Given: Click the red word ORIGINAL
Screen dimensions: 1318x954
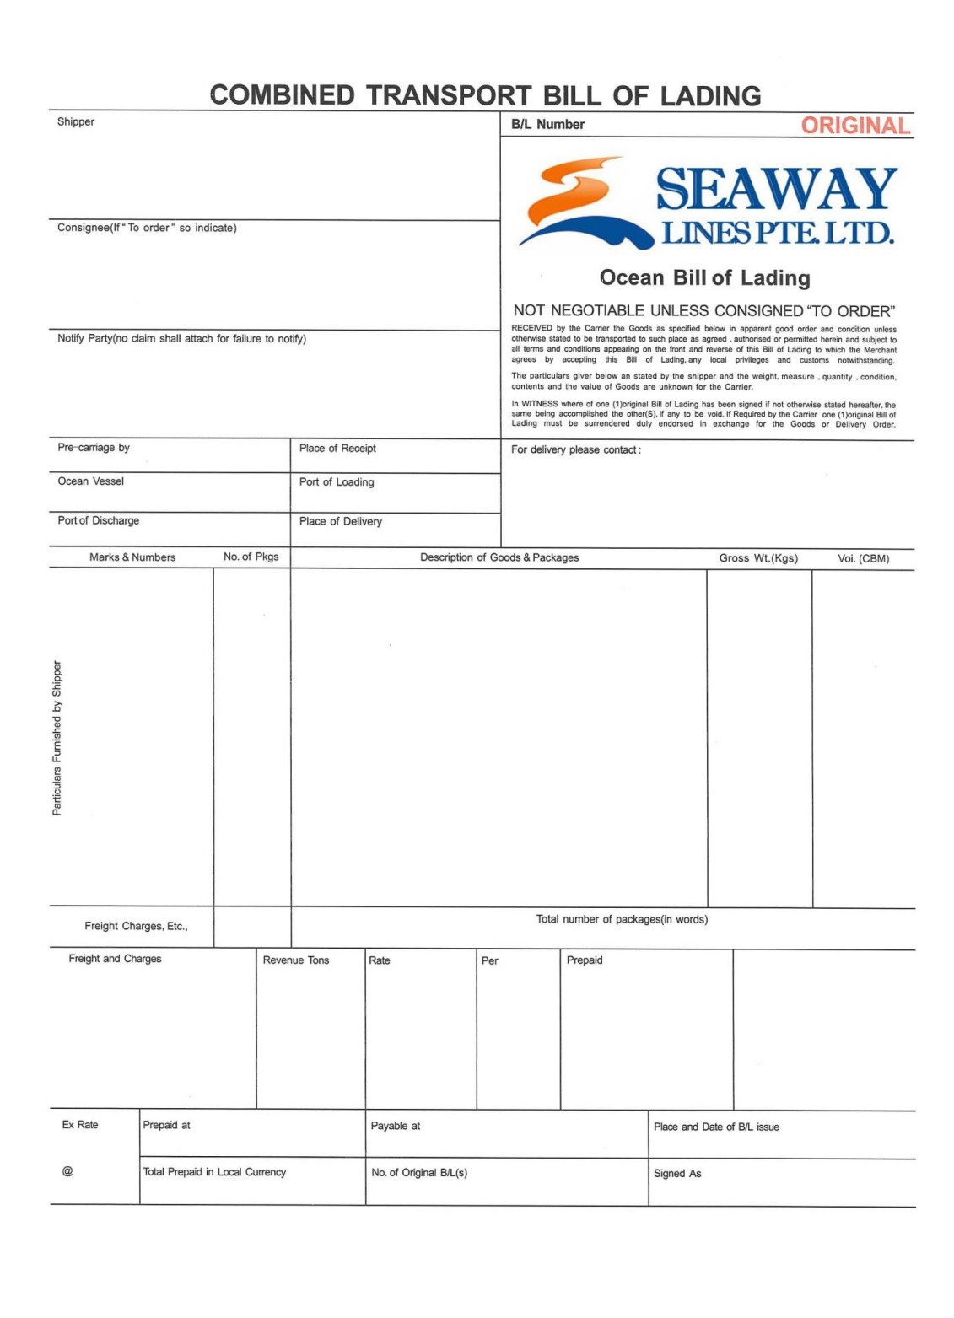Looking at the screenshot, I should pyautogui.click(x=854, y=126).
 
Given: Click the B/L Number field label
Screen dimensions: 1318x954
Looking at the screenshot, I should pyautogui.click(x=547, y=125).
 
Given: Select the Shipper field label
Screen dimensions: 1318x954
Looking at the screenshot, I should pyautogui.click(x=76, y=122).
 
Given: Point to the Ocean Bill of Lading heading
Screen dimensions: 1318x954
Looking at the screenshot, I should pyautogui.click(x=704, y=277).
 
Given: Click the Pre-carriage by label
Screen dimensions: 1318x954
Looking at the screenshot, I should pyautogui.click(x=94, y=448).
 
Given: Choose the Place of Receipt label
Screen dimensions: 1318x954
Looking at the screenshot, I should pyautogui.click(x=337, y=449).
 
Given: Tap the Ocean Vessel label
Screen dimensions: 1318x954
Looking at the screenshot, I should pyautogui.click(x=90, y=481).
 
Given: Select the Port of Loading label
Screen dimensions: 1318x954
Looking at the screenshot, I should pyautogui.click(x=337, y=482).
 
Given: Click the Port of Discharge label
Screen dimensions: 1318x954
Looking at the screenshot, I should pyautogui.click(x=98, y=521).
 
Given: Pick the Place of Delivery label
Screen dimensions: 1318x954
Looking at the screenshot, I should pyautogui.click(x=340, y=522).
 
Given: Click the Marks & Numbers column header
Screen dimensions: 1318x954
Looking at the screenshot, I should pyautogui.click(x=132, y=557).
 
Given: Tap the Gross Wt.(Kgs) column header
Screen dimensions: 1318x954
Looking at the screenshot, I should pyautogui.click(x=758, y=558).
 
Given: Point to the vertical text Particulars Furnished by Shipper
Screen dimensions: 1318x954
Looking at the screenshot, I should pyautogui.click(x=57, y=738).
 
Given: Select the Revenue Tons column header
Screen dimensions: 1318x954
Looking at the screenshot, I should pyautogui.click(x=296, y=960).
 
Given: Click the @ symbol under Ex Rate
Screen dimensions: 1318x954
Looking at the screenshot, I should pyautogui.click(x=67, y=1171).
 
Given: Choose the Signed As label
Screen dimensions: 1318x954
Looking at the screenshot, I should pyautogui.click(x=677, y=1174).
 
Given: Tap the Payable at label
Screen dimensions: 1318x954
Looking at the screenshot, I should pyautogui.click(x=395, y=1126).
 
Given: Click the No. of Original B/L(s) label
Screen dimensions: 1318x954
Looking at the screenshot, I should pyautogui.click(x=419, y=1173).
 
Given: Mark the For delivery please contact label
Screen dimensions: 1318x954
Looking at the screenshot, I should pyautogui.click(x=575, y=450).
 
